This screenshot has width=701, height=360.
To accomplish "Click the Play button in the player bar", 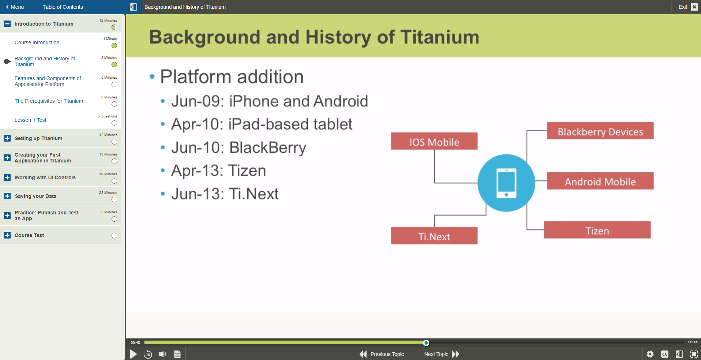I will [x=133, y=354].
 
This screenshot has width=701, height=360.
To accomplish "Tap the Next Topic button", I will [x=441, y=354].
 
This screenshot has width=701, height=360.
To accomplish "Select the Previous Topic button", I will [x=382, y=354].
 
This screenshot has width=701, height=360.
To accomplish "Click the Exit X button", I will [x=694, y=7].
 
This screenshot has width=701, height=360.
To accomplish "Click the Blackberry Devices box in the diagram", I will [x=600, y=131].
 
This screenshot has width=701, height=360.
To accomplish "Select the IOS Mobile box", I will [x=434, y=142].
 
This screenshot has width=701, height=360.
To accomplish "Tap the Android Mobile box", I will [x=600, y=181].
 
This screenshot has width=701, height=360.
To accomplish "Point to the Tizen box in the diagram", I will [x=597, y=230].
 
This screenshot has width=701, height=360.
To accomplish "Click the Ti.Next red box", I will [x=434, y=236].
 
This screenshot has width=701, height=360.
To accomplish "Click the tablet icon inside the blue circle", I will [x=506, y=183].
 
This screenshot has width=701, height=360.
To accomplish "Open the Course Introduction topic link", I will [x=37, y=42].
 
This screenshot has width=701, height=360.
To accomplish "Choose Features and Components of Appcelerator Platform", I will [x=48, y=81].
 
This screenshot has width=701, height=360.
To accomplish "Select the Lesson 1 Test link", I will [x=30, y=120].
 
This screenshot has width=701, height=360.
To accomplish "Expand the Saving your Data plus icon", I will [x=7, y=196].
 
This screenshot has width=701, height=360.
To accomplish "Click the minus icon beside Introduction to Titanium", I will [x=7, y=24].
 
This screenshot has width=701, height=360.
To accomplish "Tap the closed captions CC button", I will [x=664, y=354].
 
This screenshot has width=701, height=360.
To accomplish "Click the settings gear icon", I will [x=650, y=354].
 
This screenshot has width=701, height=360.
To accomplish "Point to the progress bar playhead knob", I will [x=426, y=343].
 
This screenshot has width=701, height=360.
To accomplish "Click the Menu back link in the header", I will [x=15, y=7].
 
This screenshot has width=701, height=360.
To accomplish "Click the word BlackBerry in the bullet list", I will [x=268, y=148].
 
